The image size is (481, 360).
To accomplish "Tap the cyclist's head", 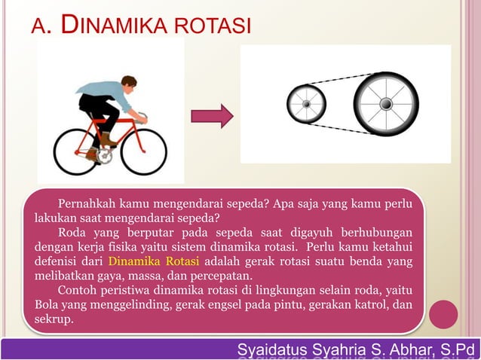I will (x=129, y=82).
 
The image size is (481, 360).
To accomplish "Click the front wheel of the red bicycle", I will (x=143, y=151).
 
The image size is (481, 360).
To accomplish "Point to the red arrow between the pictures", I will (x=211, y=116).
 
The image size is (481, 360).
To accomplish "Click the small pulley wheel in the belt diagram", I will (x=306, y=103).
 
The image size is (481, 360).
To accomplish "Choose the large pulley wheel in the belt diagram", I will (x=385, y=103).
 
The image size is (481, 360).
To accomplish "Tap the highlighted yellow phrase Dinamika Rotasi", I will (x=154, y=262).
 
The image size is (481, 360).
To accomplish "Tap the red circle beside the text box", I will (x=444, y=314).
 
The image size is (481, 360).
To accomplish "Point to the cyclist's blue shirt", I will (x=113, y=93).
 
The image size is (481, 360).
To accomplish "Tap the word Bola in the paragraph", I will (x=47, y=304).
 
